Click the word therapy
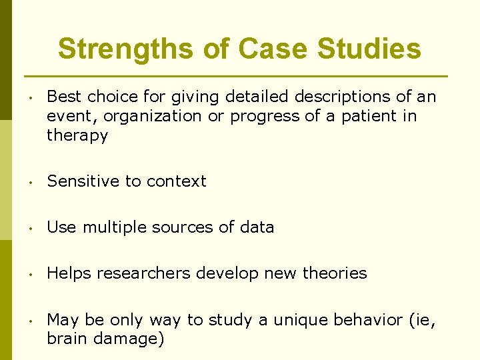(77, 136)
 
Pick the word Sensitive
(81, 181)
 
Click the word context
(177, 181)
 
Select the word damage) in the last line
(131, 339)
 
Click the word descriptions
(336, 97)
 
